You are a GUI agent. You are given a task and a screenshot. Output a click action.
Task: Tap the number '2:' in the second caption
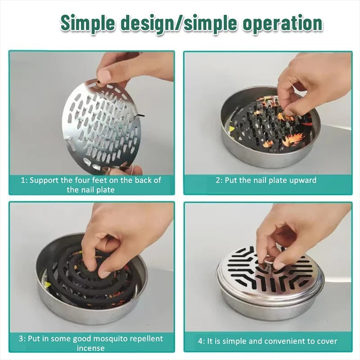pyautogui.click(x=220, y=180)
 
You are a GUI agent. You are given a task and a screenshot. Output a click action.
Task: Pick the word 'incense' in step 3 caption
pyautogui.click(x=91, y=348)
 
